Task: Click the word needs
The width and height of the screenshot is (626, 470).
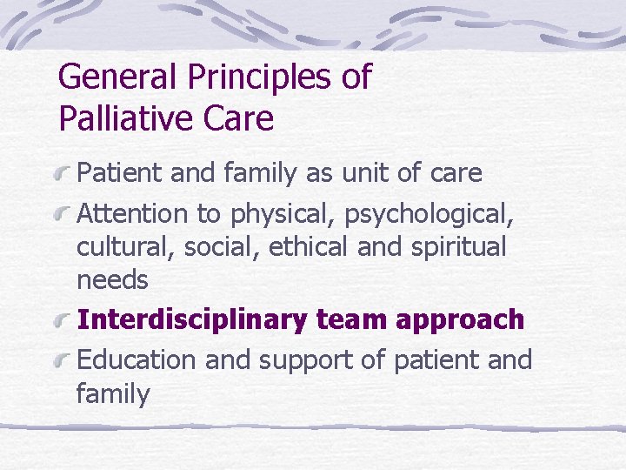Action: tap(112, 281)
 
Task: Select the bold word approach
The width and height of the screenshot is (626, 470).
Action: tap(460, 321)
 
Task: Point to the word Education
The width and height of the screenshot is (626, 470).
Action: tap(138, 359)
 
